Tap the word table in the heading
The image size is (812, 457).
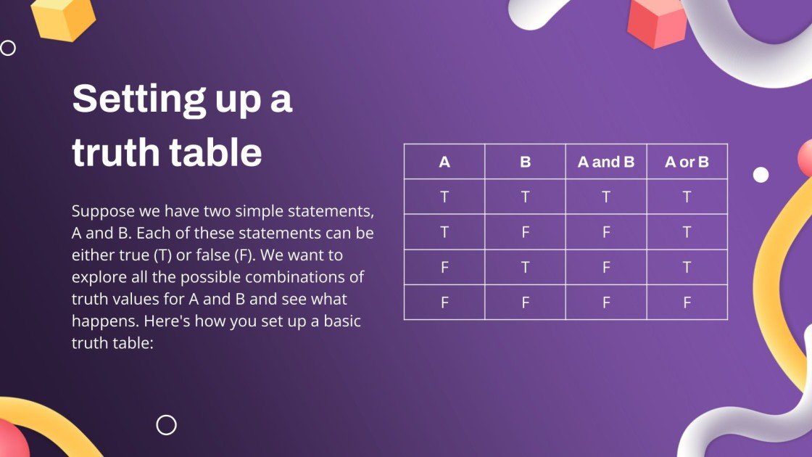pyautogui.click(x=217, y=153)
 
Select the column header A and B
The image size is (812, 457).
pyautogui.click(x=605, y=162)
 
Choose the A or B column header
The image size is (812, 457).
pyautogui.click(x=687, y=162)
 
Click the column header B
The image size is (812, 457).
pyautogui.click(x=525, y=162)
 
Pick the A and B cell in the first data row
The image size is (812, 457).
pyautogui.click(x=605, y=197)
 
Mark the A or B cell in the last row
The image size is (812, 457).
pyautogui.click(x=687, y=302)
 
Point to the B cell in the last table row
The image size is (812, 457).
pyautogui.click(x=525, y=302)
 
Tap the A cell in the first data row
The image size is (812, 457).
pyautogui.click(x=444, y=197)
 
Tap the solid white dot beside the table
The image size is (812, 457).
pyautogui.click(x=761, y=175)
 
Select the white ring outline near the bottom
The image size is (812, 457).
pyautogui.click(x=167, y=425)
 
